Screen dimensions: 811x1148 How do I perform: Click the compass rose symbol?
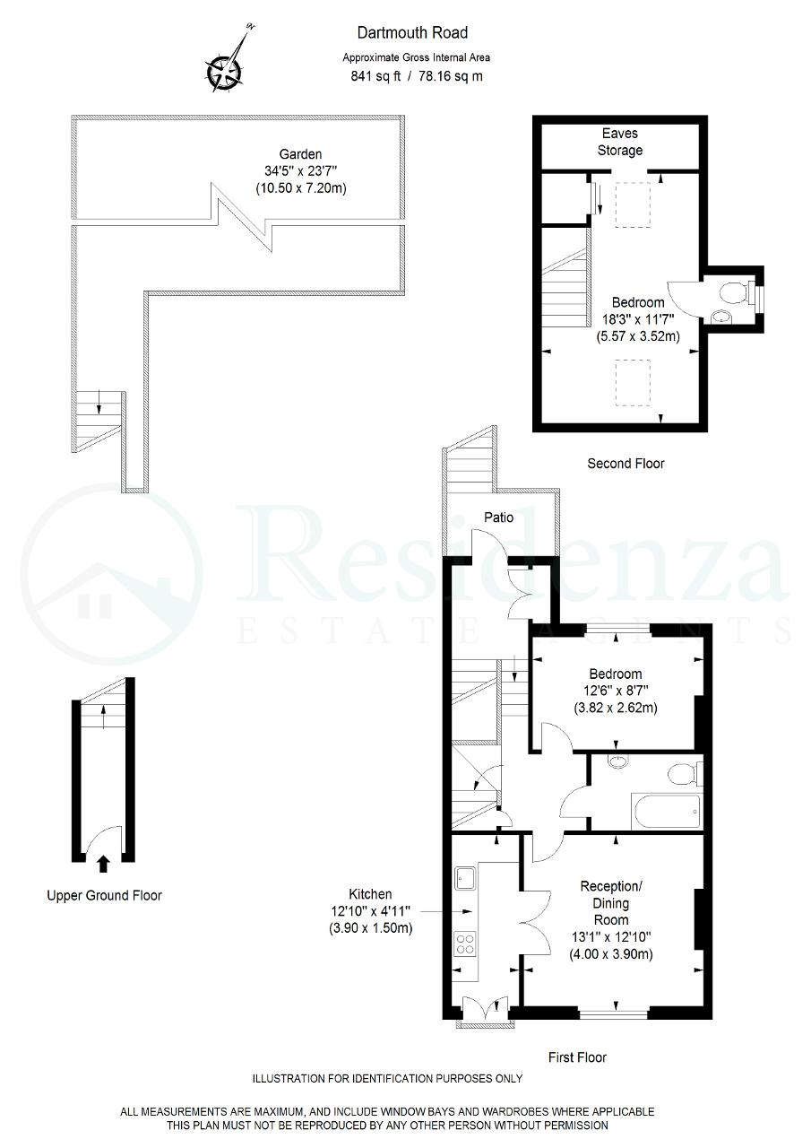224,71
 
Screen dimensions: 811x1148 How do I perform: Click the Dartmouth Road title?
412,33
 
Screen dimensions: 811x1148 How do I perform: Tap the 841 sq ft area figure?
375,76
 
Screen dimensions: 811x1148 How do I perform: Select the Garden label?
300,153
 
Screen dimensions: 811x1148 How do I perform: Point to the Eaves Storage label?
620,142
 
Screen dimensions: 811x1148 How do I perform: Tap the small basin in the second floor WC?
722,317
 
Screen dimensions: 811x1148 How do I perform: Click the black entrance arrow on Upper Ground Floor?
103,864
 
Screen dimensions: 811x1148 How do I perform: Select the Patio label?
498,517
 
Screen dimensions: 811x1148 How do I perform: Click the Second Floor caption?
626,464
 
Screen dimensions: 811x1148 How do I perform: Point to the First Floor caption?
577,1057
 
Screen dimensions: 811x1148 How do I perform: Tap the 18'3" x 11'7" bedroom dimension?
638,319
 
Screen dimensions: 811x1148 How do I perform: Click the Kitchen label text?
370,894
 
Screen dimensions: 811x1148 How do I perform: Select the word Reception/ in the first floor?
611,886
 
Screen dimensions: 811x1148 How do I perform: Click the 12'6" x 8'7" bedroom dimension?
616,691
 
